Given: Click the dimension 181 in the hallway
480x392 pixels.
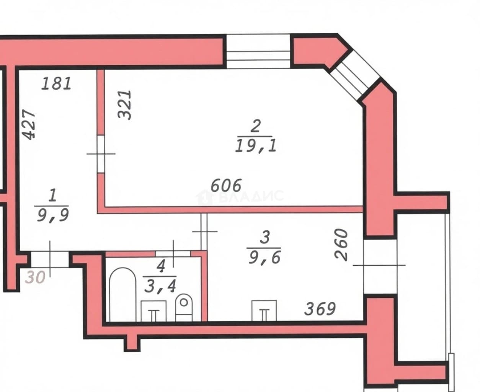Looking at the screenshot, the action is pos(56,83).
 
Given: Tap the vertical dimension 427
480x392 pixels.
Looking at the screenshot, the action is pos(30,124).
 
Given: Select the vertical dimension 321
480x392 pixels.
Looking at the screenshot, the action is pos(125,105).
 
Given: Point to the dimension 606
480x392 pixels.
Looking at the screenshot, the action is pos(226,185).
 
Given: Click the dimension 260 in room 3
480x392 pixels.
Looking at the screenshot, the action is pos(341,245).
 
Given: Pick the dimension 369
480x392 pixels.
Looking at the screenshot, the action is pos(320,309).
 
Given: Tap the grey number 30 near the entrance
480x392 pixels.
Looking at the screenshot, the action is pos(35,278).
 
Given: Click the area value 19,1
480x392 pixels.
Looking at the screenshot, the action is pos(256,146).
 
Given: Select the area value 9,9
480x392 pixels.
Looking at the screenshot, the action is pos(53,216).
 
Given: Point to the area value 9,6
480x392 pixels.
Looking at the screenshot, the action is pos(264,258).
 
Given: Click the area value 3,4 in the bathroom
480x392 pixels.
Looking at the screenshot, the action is pos(160,286).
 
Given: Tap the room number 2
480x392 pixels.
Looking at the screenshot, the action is pos(255,126).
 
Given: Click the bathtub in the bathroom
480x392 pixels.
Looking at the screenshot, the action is pos(123,294).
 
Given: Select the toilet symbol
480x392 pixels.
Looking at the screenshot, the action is pos(184,307).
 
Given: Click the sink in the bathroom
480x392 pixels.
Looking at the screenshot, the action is pos(153,311).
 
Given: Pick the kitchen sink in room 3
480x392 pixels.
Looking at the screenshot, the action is pos(264,311).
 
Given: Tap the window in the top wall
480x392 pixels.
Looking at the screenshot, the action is pos(258,51).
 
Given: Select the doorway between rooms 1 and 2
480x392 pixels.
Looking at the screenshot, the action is pos(101,154).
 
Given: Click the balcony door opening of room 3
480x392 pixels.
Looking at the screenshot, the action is pos(380,266).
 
